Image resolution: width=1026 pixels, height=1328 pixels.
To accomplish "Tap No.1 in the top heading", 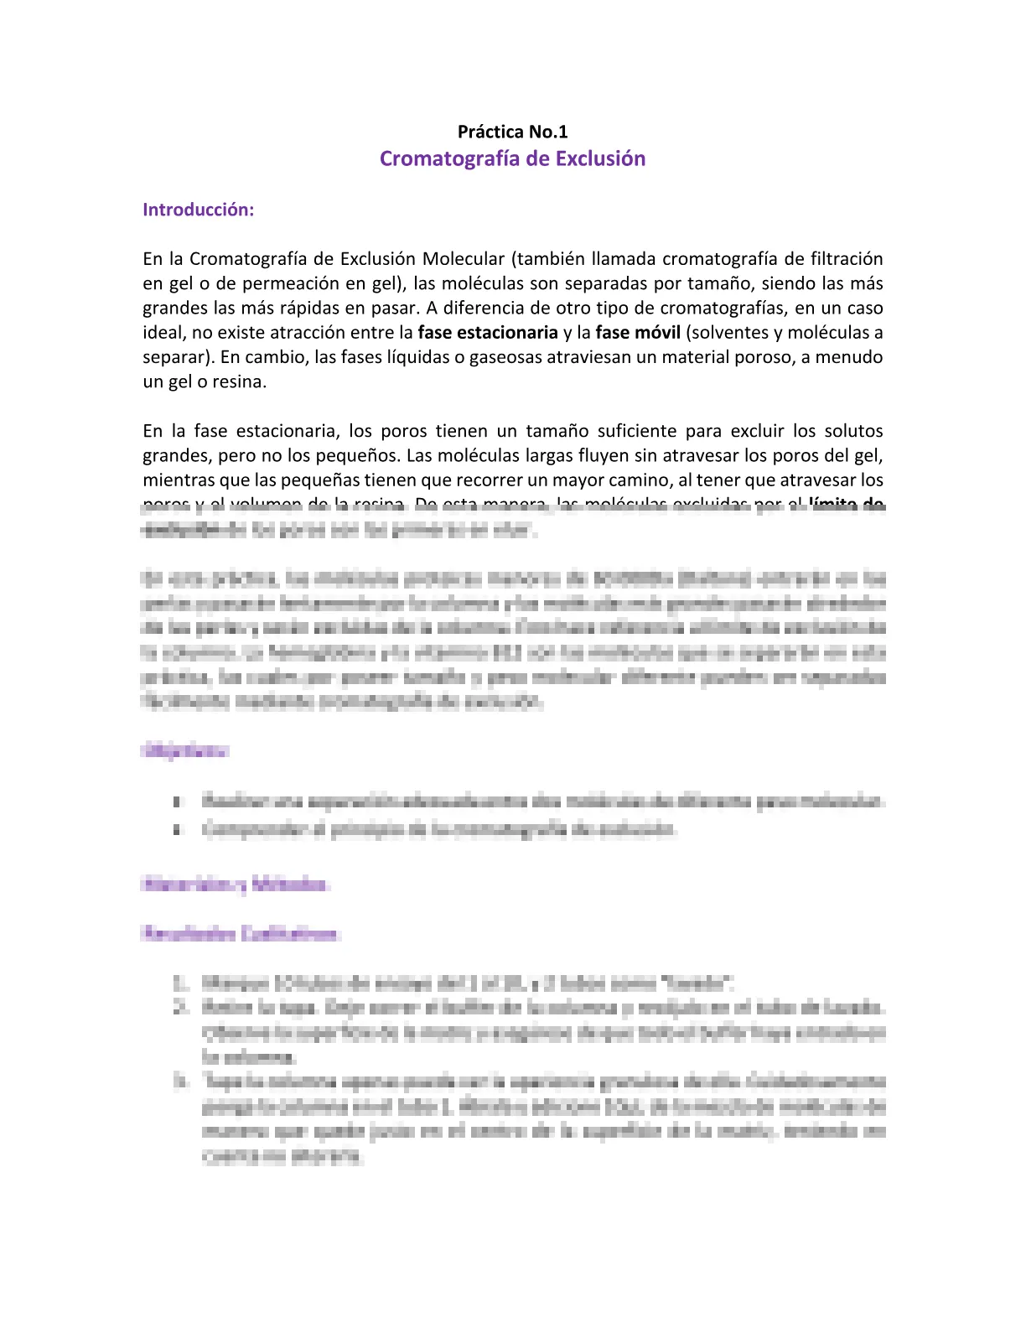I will click(x=548, y=132).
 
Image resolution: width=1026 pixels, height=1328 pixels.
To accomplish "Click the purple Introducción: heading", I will click(x=198, y=210).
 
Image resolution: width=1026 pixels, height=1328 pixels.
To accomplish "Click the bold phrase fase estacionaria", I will click(x=488, y=333).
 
